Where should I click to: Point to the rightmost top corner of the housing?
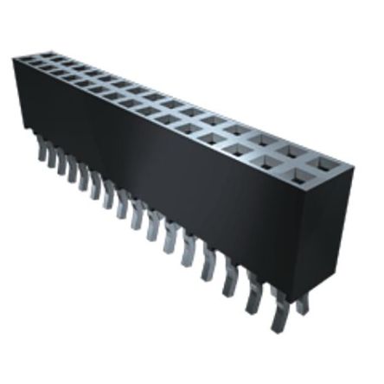(x=355, y=164)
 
